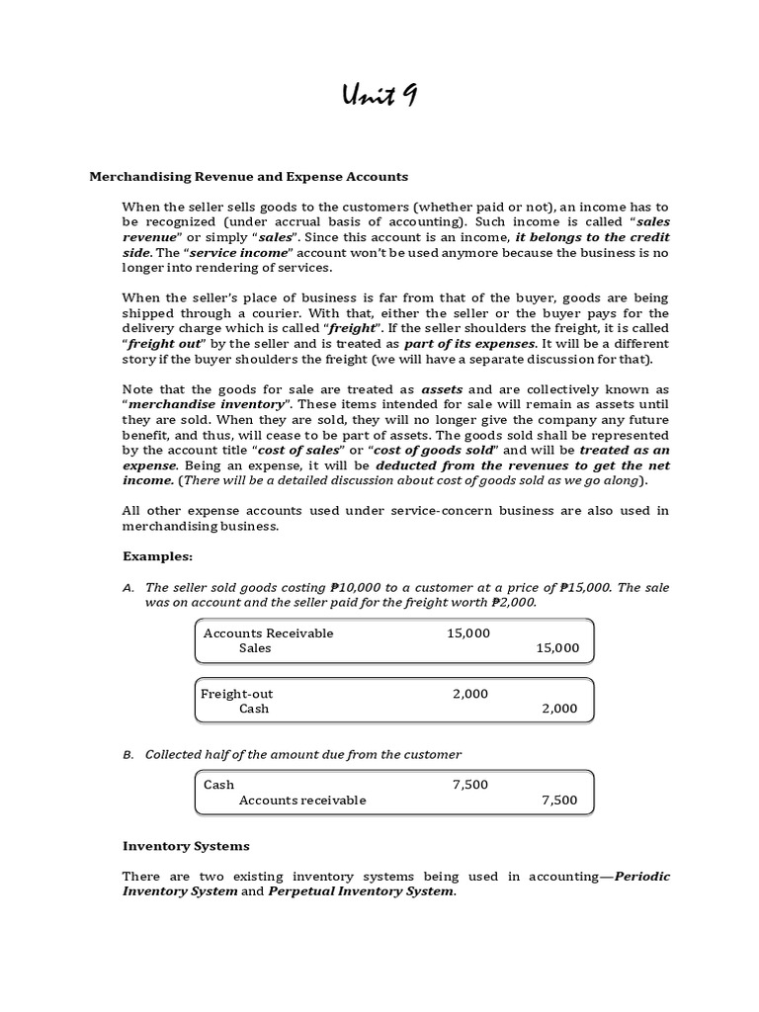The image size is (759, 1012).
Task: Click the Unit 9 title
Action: [379, 96]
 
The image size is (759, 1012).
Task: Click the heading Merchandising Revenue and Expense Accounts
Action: [248, 177]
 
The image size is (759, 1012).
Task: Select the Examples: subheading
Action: [157, 556]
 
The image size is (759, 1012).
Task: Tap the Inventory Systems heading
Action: [186, 846]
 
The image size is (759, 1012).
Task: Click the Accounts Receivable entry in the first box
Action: [268, 633]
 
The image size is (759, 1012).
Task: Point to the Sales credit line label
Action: [255, 648]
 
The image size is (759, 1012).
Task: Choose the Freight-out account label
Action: [237, 694]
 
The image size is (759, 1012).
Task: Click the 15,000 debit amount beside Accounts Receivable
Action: [468, 633]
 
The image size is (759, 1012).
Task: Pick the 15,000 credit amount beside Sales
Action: [557, 648]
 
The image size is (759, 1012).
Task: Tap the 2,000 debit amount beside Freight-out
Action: [470, 694]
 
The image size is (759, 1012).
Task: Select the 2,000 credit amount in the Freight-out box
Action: [559, 709]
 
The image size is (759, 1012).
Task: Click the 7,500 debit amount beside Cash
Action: [469, 785]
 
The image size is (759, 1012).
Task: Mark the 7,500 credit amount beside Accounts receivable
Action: [559, 800]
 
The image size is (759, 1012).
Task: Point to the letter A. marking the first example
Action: [128, 588]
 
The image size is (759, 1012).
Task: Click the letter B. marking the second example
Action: [128, 754]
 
